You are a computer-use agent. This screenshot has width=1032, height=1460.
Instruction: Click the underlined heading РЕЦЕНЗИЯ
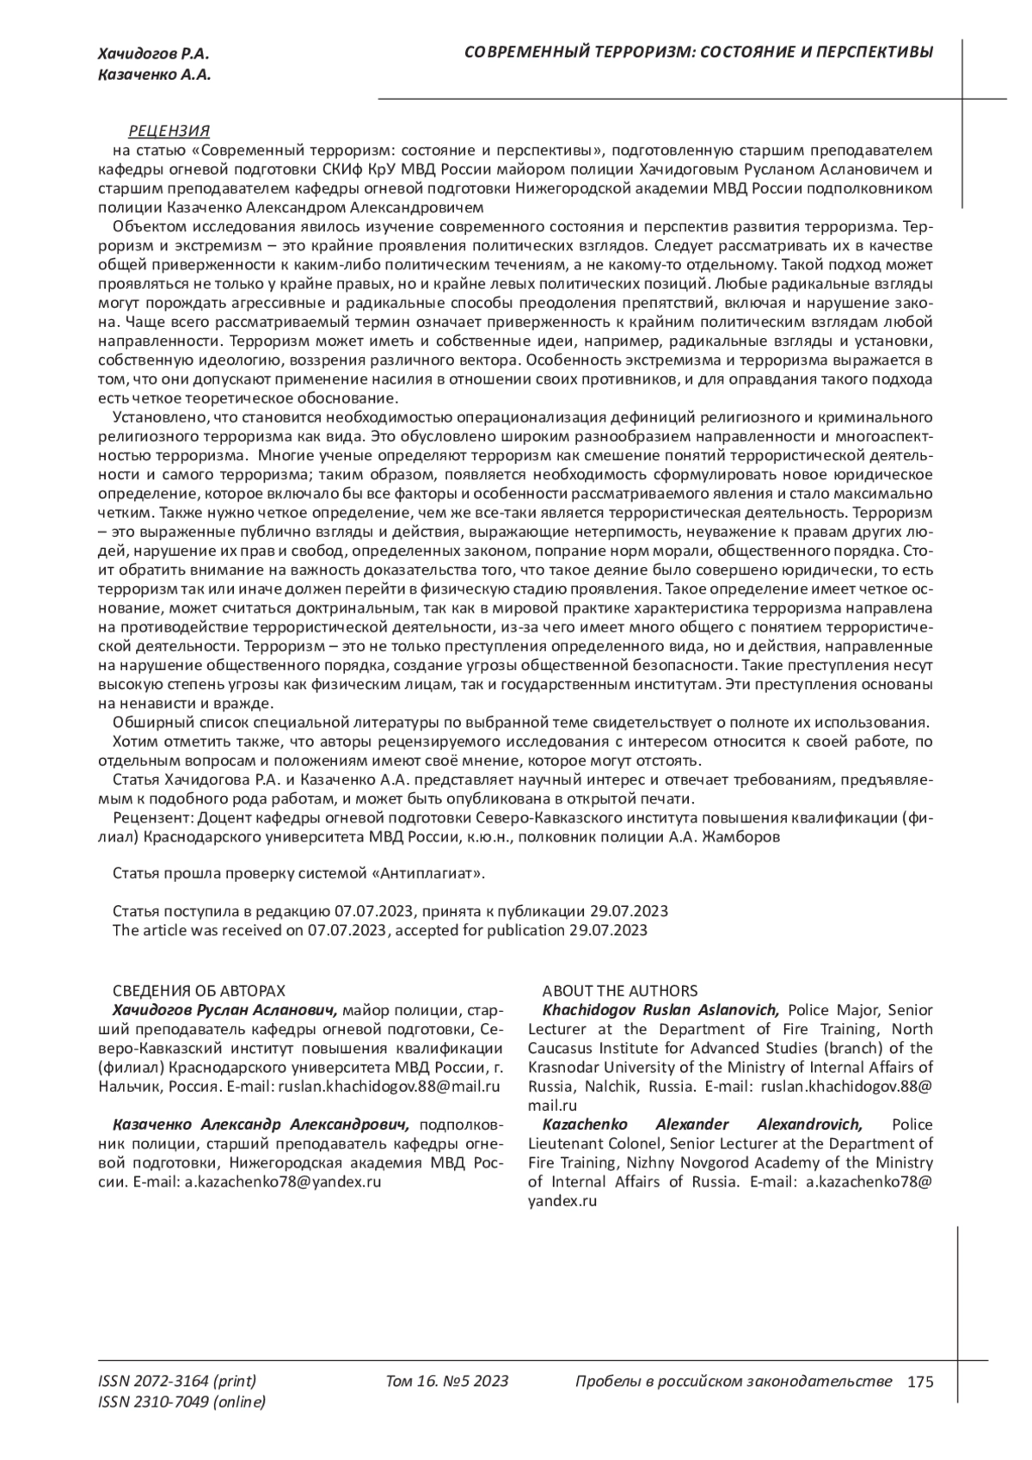coord(169,131)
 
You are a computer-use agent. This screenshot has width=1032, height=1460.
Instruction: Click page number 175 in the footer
coord(919,1383)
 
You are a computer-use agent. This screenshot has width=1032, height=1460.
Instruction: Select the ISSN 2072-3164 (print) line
coord(177,1382)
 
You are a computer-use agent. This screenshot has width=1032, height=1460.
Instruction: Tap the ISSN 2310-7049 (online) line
coord(182,1402)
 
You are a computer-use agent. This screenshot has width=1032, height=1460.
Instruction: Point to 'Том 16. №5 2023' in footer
coord(447,1382)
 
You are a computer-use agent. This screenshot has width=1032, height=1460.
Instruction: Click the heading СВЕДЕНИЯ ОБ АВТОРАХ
coord(199,991)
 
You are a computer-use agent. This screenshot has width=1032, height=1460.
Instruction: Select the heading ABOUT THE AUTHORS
coord(619,991)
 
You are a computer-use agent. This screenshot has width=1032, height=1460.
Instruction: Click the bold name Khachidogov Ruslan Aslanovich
coord(660,1010)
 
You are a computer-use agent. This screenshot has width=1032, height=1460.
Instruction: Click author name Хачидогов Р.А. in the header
coord(154,55)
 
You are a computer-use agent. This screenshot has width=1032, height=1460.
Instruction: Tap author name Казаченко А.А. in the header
coord(155,76)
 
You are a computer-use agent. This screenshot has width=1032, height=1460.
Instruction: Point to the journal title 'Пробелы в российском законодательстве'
coord(733,1382)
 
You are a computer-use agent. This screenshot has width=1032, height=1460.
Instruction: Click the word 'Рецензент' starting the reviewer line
coord(147,817)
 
